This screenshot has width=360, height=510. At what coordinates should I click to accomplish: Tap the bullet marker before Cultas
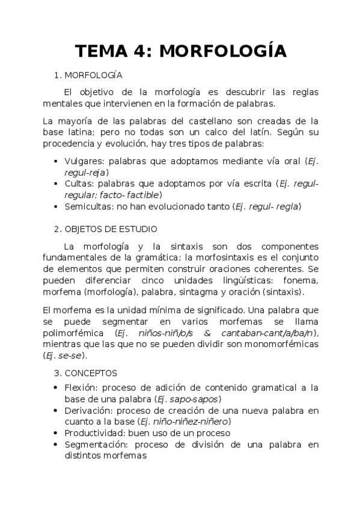click(x=55, y=183)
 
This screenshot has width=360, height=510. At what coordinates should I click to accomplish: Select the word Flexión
click(x=80, y=387)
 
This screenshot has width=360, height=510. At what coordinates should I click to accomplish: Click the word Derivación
click(x=87, y=410)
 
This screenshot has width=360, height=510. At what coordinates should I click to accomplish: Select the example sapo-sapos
click(x=197, y=399)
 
